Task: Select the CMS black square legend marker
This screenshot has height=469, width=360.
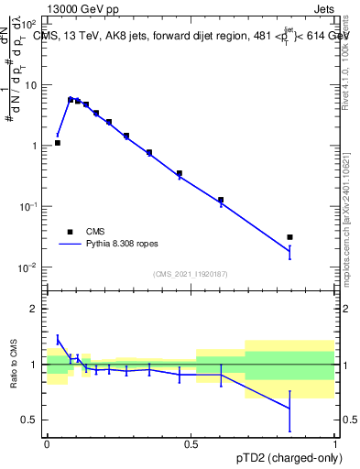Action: (70, 232)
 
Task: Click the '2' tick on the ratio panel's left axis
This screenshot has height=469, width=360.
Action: (34, 309)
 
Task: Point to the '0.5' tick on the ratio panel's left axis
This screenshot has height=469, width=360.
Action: (29, 420)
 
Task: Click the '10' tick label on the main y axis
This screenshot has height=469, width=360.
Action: (31, 84)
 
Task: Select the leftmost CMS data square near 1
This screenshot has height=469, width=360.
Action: (58, 143)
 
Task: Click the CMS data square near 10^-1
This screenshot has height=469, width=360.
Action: (221, 200)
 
